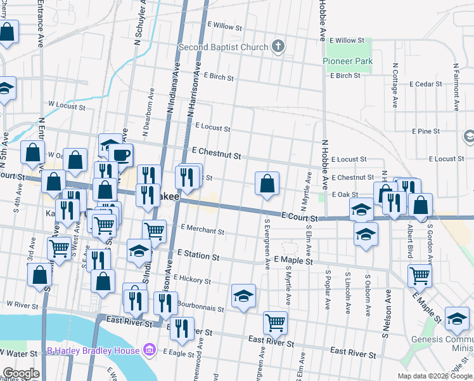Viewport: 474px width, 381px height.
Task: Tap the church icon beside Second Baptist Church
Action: (278, 46)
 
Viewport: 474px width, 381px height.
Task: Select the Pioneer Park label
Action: (347, 61)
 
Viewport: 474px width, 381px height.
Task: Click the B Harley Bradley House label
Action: (93, 351)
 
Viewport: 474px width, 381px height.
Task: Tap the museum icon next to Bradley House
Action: (150, 350)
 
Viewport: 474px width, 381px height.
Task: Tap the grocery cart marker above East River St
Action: (275, 323)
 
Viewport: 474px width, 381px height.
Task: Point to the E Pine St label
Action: (425, 131)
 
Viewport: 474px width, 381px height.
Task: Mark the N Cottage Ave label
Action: (395, 84)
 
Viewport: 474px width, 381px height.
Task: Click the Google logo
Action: (21, 373)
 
